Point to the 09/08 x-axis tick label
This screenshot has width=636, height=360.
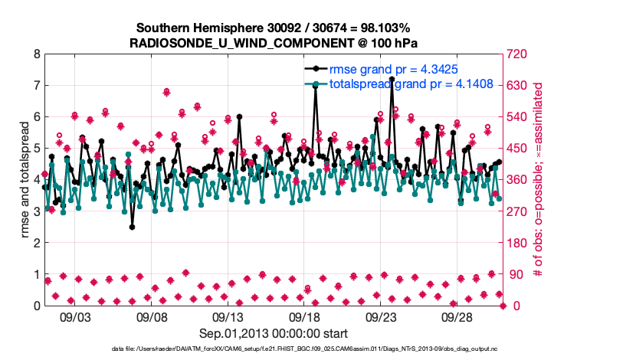click(152, 317)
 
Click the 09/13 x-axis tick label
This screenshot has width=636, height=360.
click(228, 317)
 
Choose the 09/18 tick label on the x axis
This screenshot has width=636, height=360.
click(304, 317)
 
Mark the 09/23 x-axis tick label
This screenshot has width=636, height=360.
click(381, 317)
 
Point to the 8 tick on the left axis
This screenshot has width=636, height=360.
click(37, 54)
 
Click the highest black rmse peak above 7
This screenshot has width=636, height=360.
click(392, 79)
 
